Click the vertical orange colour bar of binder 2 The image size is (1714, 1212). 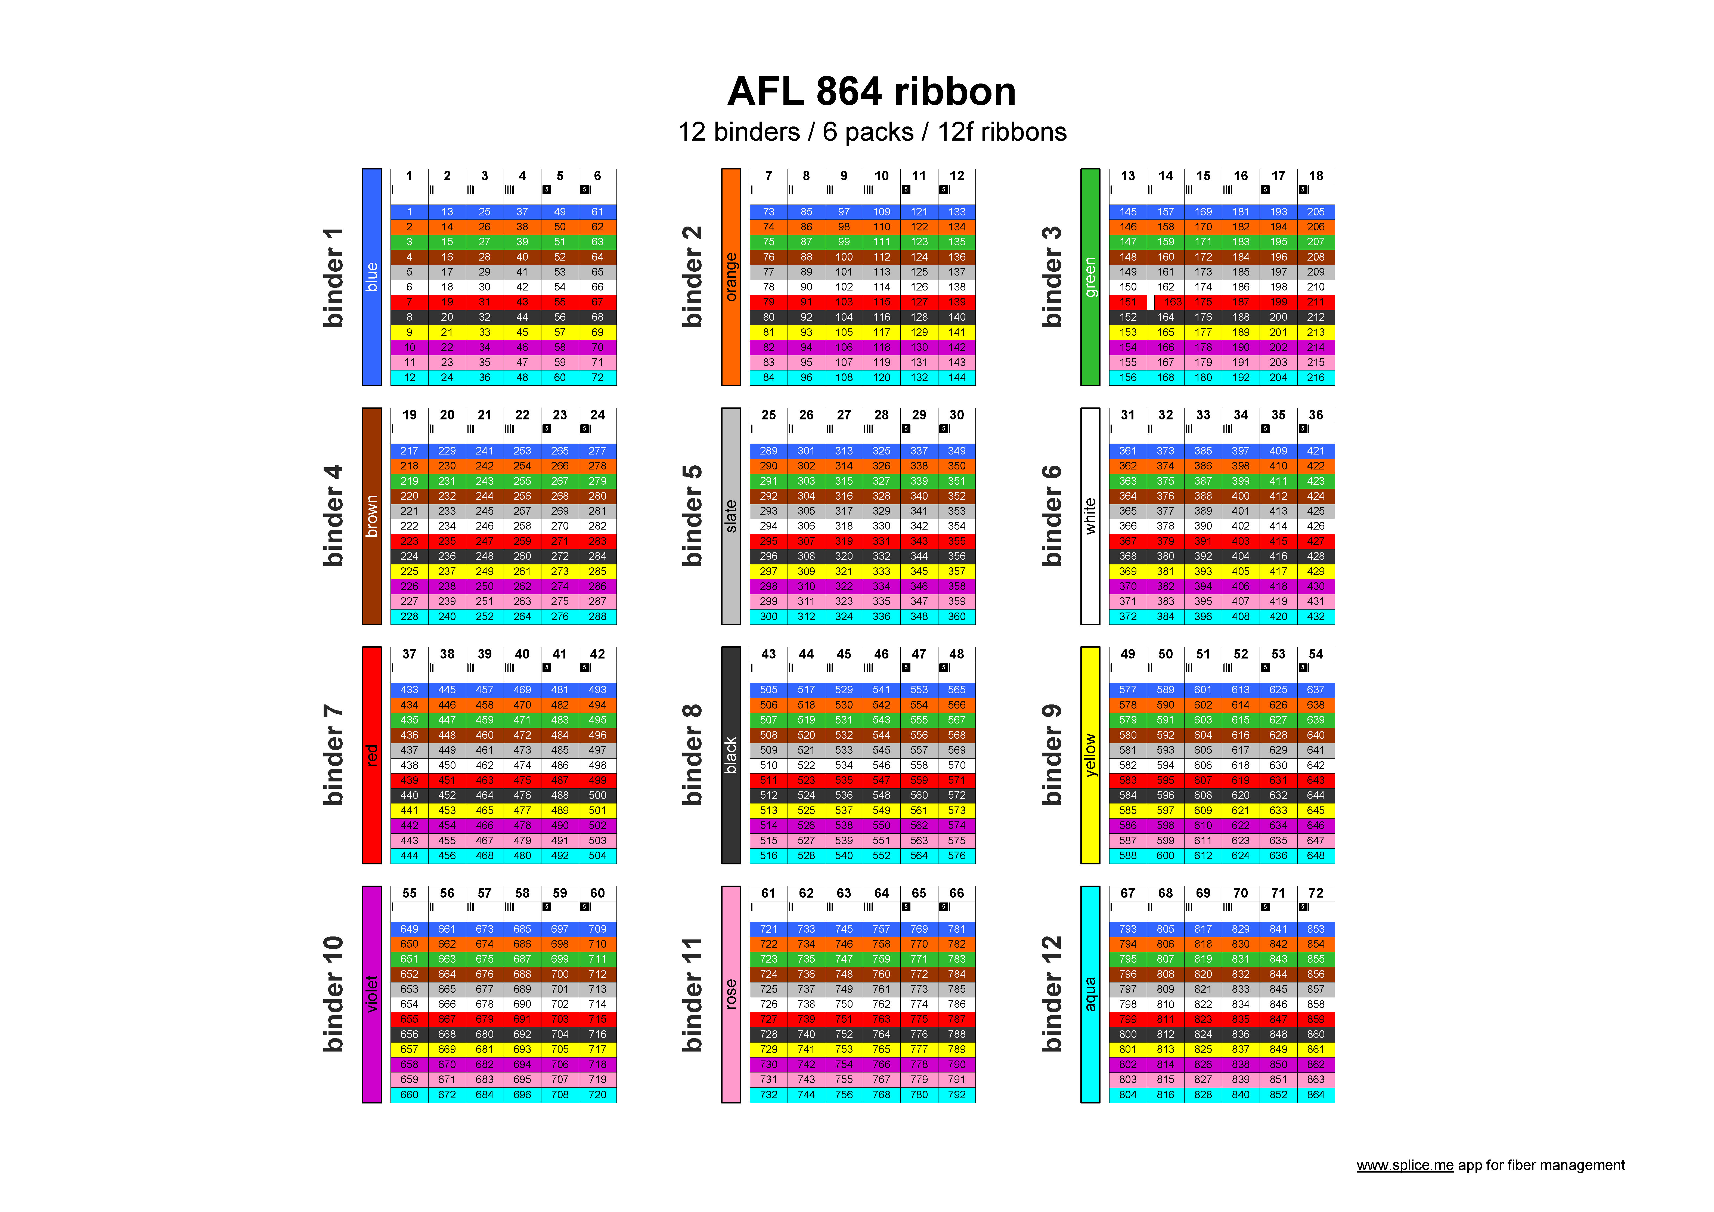point(731,277)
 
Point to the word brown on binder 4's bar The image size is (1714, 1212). point(372,515)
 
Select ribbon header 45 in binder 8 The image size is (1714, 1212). point(844,654)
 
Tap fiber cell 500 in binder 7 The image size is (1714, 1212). point(597,795)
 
